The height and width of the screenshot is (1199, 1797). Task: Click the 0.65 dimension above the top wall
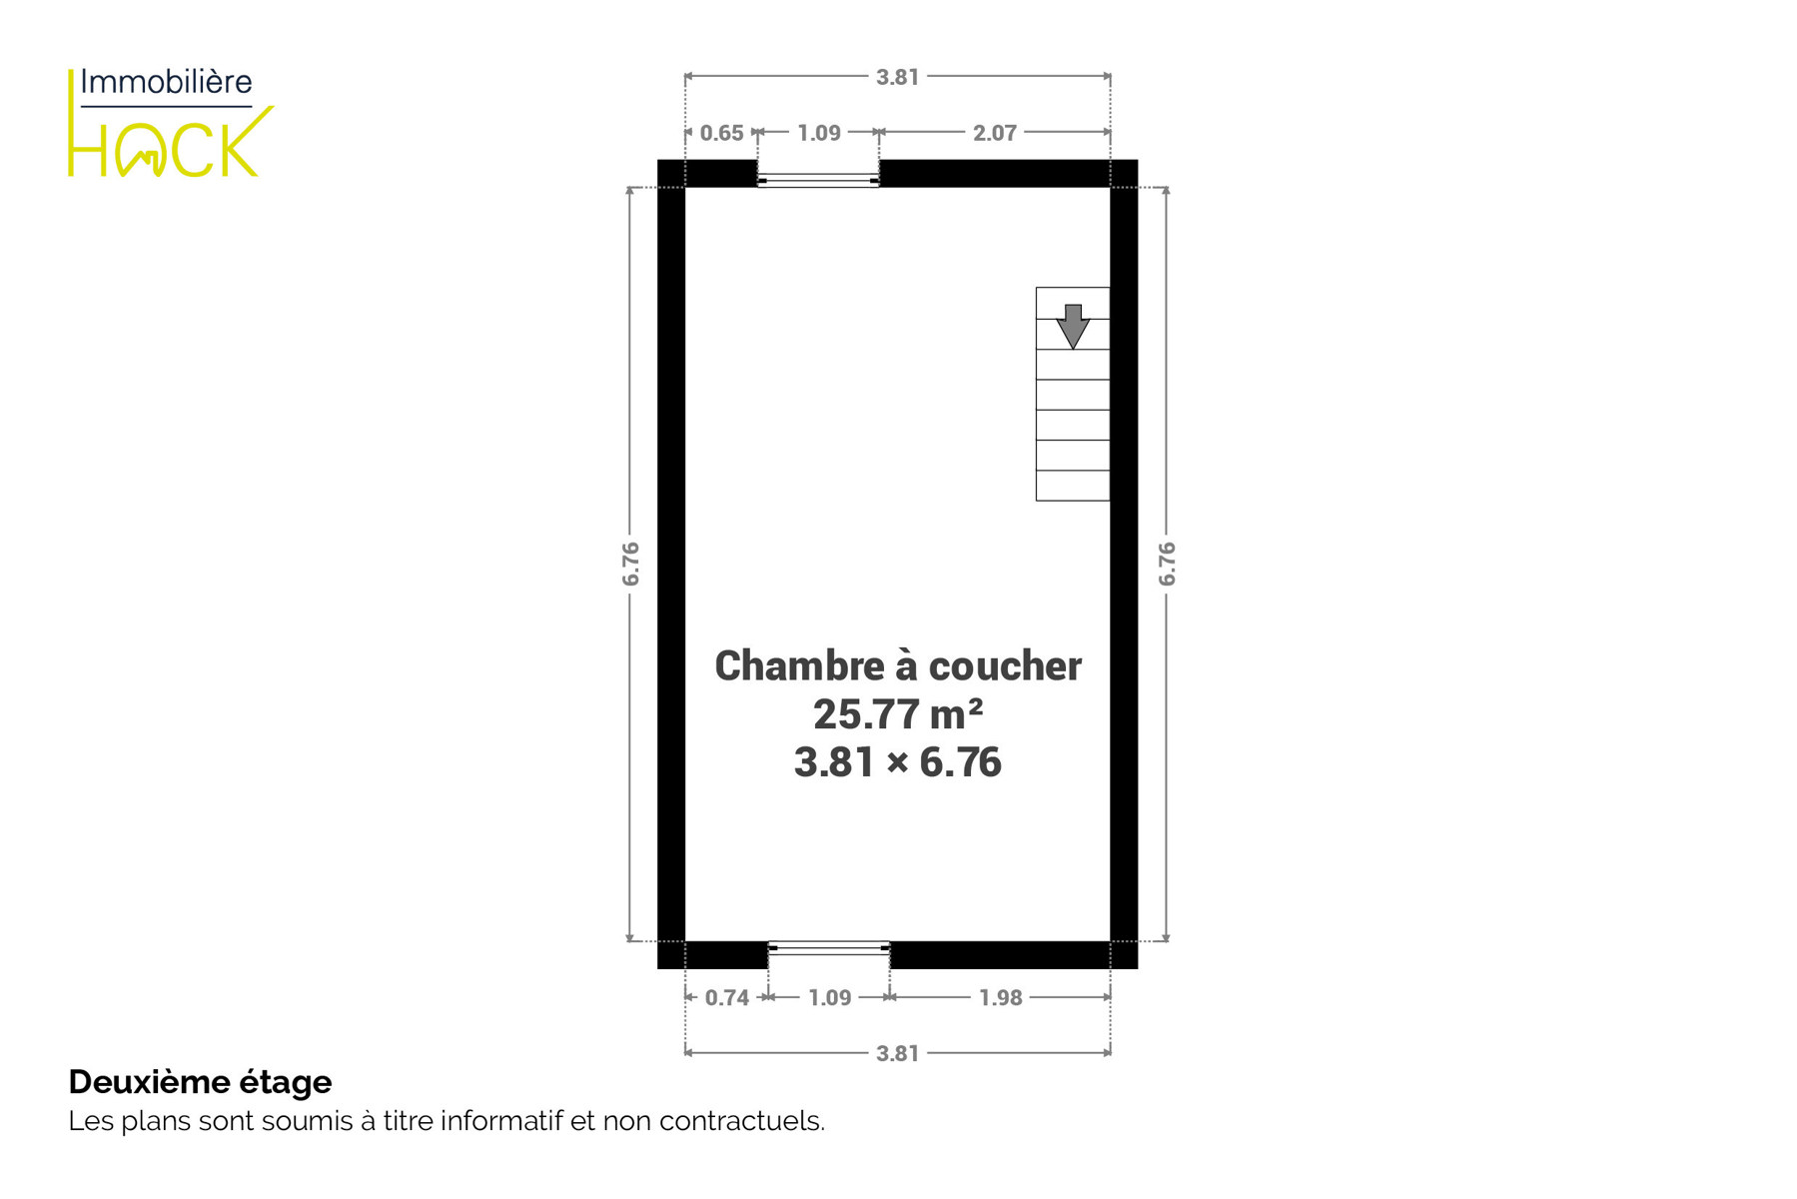pos(721,133)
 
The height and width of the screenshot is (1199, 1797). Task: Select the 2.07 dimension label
pos(995,133)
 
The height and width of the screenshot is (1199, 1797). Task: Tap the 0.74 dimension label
pos(727,998)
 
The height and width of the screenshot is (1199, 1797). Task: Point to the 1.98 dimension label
pos(1001,998)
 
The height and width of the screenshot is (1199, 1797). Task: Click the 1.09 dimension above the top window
pos(819,133)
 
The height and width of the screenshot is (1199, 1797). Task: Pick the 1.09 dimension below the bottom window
pos(830,998)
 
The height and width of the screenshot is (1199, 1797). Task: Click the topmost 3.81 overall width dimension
pos(897,77)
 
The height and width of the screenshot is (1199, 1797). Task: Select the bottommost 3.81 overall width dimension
pos(897,1053)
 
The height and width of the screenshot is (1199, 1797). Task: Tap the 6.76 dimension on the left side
pos(630,565)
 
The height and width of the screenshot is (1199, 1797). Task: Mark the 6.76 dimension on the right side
pos(1167,565)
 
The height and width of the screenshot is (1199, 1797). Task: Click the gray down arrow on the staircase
pos(1073,327)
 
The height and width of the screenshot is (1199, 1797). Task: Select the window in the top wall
pos(818,180)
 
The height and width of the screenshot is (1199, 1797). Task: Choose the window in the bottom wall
pos(829,947)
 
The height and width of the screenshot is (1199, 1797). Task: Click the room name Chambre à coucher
pos(898,666)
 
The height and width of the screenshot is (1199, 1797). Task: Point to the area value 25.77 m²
pos(898,714)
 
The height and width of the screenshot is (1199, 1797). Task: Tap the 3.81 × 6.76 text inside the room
pos(898,762)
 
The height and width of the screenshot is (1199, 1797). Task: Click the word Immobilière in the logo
pos(166,82)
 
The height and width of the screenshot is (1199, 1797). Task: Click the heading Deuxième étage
pos(200,1081)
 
